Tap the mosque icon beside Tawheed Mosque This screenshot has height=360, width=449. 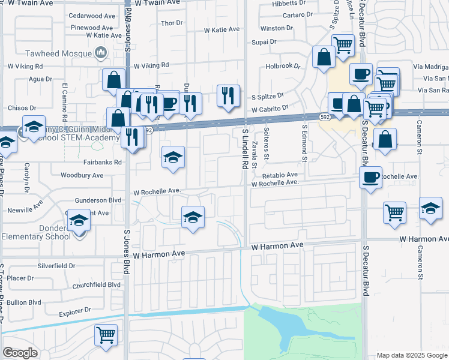click(101, 53)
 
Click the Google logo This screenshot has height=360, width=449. click(20, 353)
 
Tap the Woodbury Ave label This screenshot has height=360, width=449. click(82, 175)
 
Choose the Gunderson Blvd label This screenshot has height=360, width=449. click(98, 200)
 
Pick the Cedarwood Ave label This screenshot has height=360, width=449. click(92, 15)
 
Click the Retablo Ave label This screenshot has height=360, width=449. click(280, 175)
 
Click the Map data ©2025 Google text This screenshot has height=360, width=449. click(412, 355)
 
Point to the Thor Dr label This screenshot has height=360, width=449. click(172, 23)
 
